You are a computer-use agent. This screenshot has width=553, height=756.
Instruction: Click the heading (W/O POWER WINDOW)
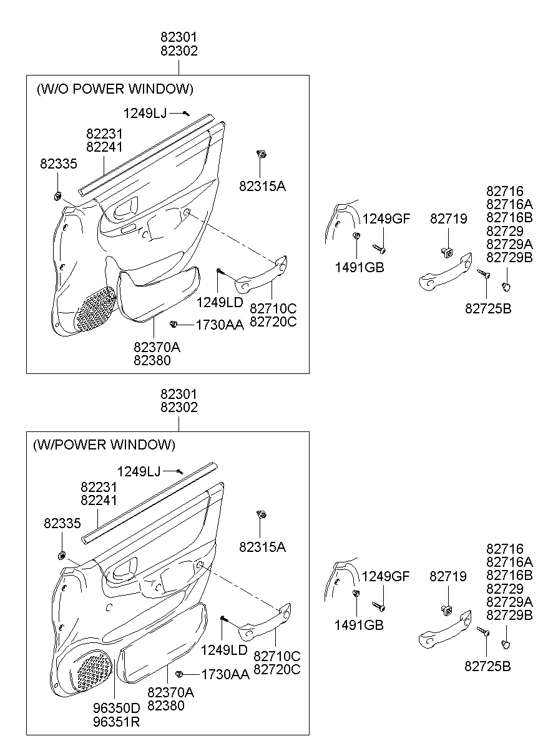coord(115,89)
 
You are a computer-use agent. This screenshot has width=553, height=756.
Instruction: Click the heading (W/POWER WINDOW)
coord(104,445)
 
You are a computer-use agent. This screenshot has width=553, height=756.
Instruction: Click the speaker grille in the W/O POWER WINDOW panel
coord(94,308)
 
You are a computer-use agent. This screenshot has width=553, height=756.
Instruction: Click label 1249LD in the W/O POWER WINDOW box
coord(220,302)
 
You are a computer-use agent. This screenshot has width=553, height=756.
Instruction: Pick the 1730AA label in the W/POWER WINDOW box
coord(225,674)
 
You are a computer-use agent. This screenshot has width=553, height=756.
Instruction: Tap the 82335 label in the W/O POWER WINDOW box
coord(59,164)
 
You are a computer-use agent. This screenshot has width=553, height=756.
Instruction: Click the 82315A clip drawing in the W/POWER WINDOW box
coord(262,514)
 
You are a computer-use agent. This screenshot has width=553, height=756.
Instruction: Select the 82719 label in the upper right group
coord(448,218)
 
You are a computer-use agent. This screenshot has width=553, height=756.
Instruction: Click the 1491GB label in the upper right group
coord(360,268)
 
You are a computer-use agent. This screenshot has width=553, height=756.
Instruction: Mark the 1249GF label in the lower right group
coord(386,576)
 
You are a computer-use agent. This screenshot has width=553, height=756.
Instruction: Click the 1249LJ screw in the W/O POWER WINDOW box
coord(186,114)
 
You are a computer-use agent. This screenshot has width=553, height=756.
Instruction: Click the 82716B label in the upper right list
coord(509,217)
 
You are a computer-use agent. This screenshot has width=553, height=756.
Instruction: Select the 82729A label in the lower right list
coord(509,602)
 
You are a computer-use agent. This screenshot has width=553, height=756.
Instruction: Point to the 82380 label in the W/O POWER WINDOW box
coord(152,360)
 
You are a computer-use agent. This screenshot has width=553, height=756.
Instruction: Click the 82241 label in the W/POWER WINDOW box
coord(99,500)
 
